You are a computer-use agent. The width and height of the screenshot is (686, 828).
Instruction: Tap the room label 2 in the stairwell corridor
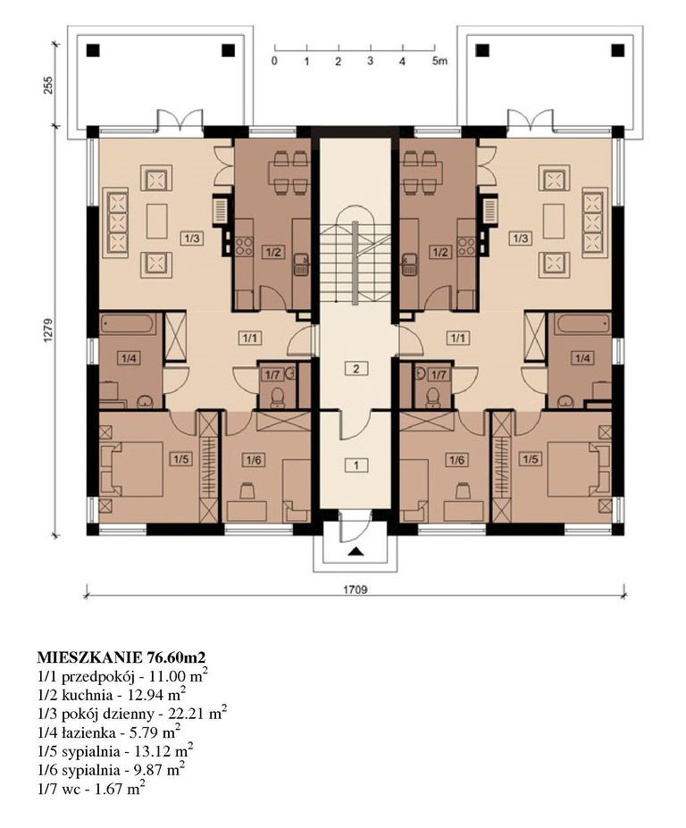click(356, 369)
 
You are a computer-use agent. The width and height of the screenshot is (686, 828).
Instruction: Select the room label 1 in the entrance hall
click(356, 465)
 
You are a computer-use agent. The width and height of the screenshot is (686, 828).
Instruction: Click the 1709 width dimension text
click(356, 590)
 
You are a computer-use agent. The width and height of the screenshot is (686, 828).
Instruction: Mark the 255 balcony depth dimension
click(48, 84)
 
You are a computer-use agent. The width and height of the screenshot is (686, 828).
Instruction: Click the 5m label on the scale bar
click(439, 62)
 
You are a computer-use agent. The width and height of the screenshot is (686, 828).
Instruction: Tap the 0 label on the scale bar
click(274, 62)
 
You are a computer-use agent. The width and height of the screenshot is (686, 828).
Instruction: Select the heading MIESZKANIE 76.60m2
click(121, 657)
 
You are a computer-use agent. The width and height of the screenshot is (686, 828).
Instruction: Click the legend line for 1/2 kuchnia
click(111, 695)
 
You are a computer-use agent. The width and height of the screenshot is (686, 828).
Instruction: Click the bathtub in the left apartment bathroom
click(129, 324)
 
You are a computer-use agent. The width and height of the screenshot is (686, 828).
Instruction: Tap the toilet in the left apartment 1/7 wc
click(277, 397)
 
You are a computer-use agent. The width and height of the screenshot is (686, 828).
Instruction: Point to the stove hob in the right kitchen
click(467, 246)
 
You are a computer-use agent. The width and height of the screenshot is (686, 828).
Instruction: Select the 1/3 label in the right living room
click(520, 238)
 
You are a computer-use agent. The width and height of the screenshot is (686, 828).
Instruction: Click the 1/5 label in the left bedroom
click(180, 459)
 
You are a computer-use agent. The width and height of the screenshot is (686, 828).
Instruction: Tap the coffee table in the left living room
click(157, 222)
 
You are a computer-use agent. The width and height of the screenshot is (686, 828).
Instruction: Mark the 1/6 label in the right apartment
click(456, 460)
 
